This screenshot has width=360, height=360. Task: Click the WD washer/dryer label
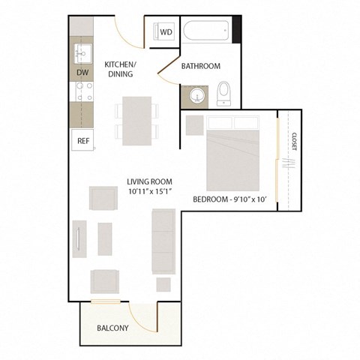click(x=166, y=32)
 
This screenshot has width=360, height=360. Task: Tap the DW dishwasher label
click(x=82, y=72)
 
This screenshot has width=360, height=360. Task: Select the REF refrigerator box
click(x=82, y=139)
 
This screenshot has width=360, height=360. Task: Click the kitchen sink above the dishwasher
click(x=82, y=54)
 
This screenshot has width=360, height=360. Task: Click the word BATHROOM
click(x=201, y=67)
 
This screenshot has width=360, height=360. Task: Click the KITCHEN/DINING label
click(x=120, y=69)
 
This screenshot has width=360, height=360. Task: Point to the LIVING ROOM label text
click(x=150, y=181)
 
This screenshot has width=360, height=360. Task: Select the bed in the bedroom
click(x=233, y=158)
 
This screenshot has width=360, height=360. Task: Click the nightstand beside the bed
click(x=194, y=124)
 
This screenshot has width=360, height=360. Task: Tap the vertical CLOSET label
click(x=294, y=142)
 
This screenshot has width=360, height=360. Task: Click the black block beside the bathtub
click(x=237, y=31)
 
